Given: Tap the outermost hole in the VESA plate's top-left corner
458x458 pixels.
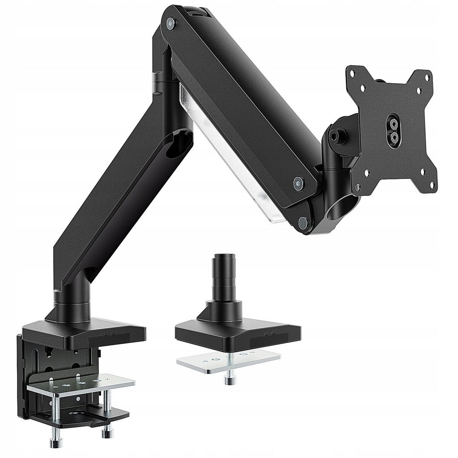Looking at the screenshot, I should point(352,72).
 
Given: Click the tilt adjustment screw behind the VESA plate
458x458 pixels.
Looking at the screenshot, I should point(335,133).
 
